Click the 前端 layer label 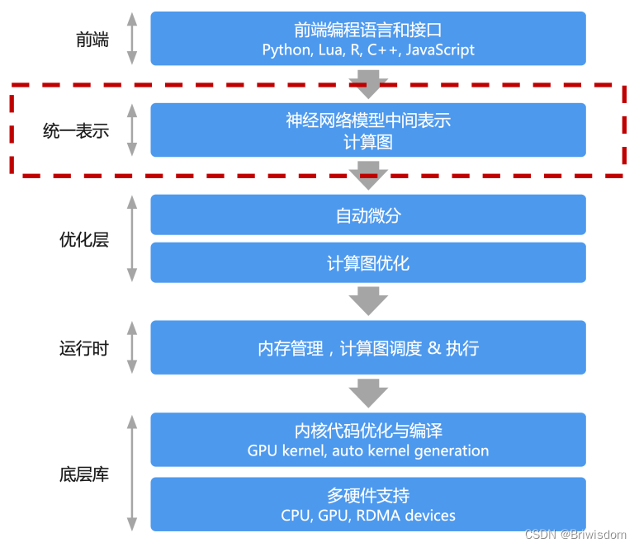point(92,39)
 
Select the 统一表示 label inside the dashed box point(75,130)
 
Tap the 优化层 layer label point(83,240)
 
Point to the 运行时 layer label point(83,348)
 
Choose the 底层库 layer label point(83,475)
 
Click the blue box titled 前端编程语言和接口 point(368,39)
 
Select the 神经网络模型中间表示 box point(368,130)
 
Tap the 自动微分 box point(368,215)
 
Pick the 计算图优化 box point(368,264)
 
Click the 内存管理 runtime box point(368,348)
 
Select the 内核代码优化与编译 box point(368,440)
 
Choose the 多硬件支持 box point(368,504)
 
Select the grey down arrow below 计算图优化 point(368,301)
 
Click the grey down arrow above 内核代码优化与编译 point(368,392)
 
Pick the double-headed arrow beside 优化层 point(131,239)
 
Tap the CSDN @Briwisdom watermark point(576,535)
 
